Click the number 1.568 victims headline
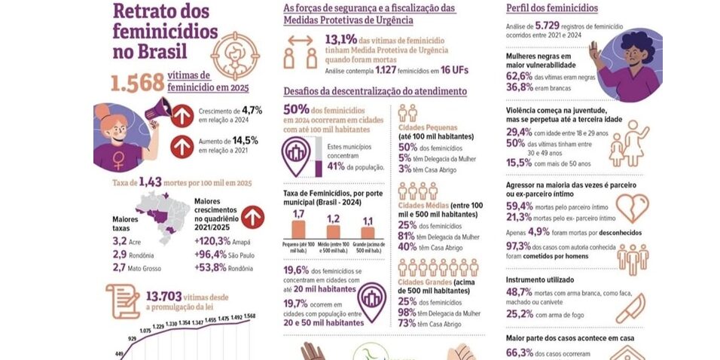tap(139, 83)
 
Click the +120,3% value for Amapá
tap(212, 241)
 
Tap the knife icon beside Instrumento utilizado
tap(635, 307)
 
